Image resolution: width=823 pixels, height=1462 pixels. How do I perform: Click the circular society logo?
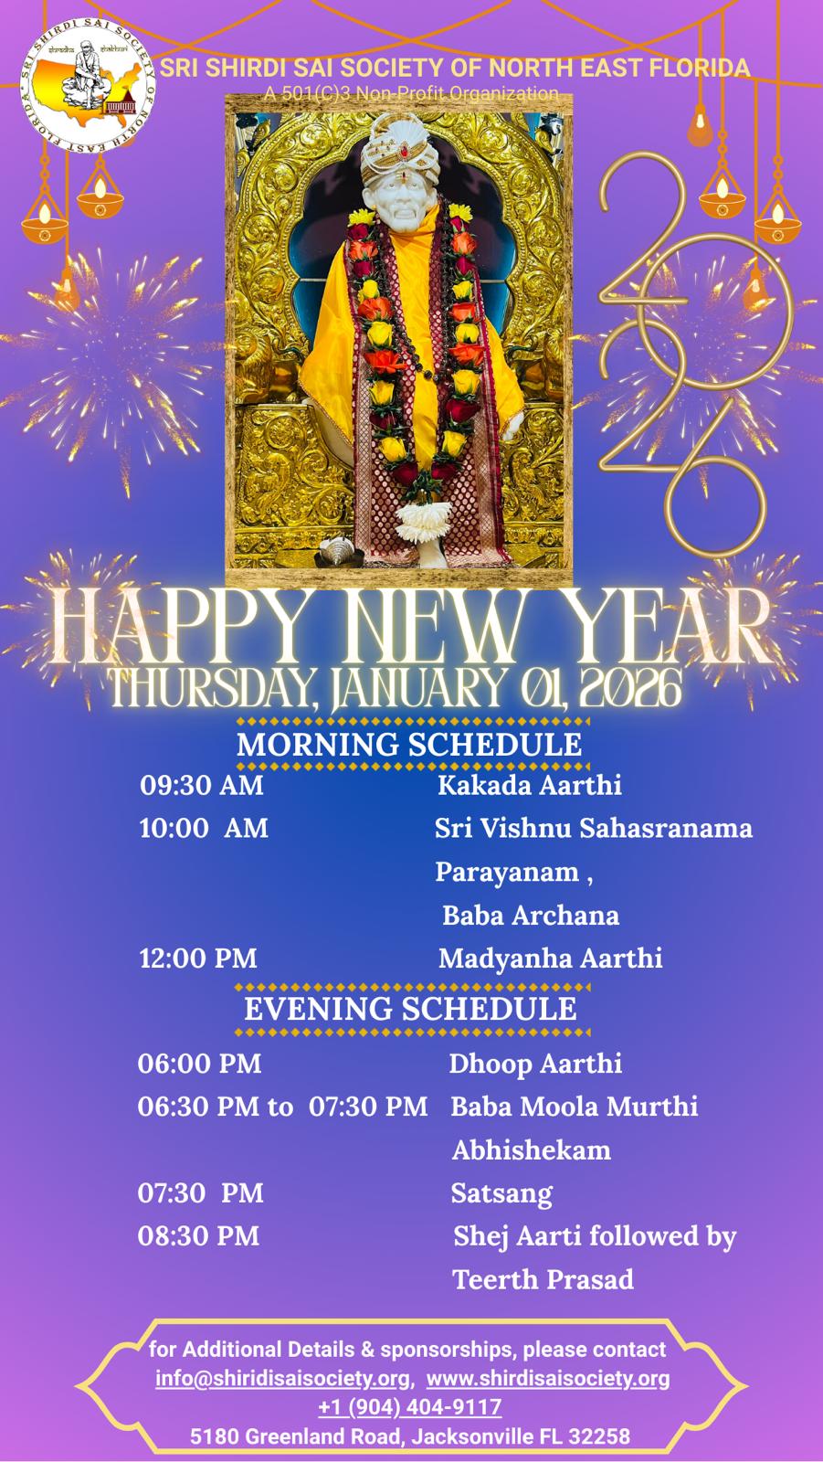pos(88,86)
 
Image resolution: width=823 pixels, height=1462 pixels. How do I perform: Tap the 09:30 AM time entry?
pos(202,785)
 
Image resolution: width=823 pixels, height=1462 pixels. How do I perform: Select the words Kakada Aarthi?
pos(529,785)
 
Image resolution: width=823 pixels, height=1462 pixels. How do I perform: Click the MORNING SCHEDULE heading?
pos(409,745)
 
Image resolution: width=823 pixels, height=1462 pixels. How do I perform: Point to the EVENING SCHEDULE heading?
pos(410,1009)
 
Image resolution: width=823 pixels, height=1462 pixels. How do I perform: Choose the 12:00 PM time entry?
pos(197,959)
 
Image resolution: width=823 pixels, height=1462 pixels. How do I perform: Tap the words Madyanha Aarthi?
pos(550,959)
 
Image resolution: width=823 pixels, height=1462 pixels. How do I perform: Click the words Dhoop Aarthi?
pos(535,1064)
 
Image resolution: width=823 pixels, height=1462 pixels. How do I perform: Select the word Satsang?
pos(501,1193)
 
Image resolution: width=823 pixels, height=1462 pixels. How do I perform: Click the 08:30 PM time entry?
pos(198,1236)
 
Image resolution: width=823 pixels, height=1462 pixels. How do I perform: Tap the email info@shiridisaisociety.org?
pos(282,1378)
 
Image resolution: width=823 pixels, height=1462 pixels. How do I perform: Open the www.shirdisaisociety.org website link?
pos(548,1378)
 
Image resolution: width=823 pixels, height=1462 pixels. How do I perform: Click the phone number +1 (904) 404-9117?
pos(410,1406)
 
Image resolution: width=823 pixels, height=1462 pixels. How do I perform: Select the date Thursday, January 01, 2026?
pos(396,689)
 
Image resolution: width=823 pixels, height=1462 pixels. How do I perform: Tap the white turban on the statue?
pos(399,149)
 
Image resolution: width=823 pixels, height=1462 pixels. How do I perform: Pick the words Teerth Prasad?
pos(543,1279)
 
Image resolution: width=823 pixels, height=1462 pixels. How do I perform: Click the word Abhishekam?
pos(532,1150)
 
